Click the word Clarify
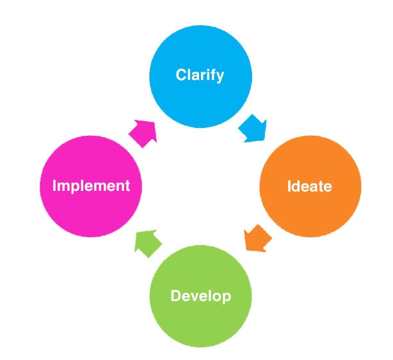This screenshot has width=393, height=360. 200,75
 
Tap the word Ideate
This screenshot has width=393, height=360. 310,186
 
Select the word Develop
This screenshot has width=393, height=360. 200,297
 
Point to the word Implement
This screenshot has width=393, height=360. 91,186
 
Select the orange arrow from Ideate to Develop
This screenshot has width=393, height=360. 257,239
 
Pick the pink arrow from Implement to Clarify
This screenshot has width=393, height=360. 143,131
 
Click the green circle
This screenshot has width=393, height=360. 200,320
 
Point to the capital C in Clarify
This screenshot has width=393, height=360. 181,75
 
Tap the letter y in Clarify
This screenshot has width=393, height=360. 220,77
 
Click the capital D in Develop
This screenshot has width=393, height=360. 175,297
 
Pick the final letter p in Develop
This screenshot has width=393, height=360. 226,299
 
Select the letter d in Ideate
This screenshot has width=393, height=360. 295,186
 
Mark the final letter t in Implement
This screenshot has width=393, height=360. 127,186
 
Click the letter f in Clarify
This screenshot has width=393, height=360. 213,75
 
